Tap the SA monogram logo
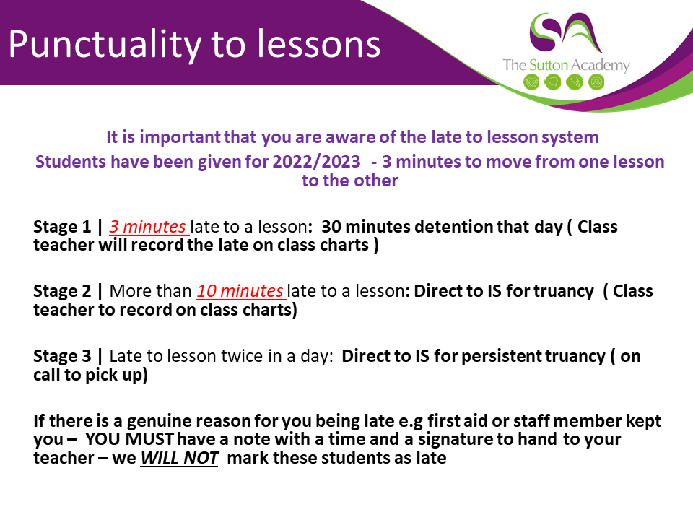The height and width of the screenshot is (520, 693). coord(566,32)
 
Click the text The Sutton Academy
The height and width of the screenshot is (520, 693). coord(566,66)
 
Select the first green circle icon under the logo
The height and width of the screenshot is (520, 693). coord(531,82)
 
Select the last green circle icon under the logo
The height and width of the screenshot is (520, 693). coord(596,82)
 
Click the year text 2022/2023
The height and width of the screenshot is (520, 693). coord(316,162)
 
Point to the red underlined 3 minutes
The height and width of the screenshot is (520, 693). coord(147,226)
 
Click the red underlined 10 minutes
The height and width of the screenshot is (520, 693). coord(240,291)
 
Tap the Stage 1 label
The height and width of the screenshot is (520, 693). coord(62,226)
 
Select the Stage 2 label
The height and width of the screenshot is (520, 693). coord(62,291)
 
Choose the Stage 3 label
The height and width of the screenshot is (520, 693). coord(62,356)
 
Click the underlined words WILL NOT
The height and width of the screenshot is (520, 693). coord(179,458)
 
